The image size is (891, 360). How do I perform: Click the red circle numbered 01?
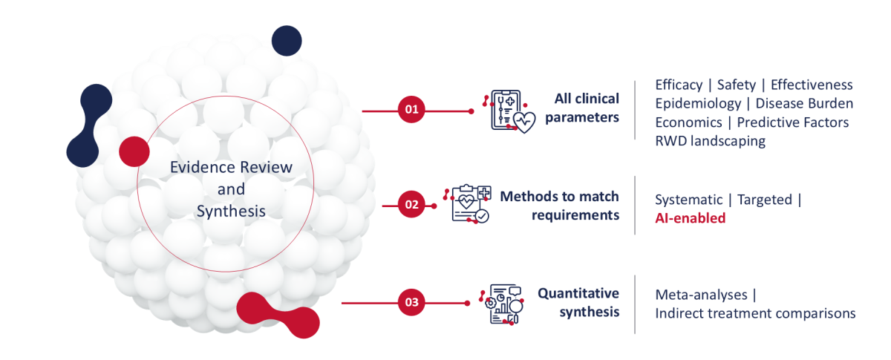pyautogui.click(x=411, y=109)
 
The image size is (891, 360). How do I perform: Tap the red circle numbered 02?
pyautogui.click(x=411, y=204)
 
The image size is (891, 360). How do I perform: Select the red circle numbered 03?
pyautogui.click(x=411, y=302)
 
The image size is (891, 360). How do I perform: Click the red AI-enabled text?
pyautogui.click(x=690, y=218)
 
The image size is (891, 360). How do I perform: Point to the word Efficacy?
pyautogui.click(x=679, y=85)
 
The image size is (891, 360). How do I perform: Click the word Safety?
pyautogui.click(x=737, y=85)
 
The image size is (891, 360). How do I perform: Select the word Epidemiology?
pyautogui.click(x=698, y=104)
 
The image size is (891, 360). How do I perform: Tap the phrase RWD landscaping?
pyautogui.click(x=710, y=141)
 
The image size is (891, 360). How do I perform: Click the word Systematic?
pyautogui.click(x=688, y=200)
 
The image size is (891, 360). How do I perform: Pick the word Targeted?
pyautogui.click(x=765, y=200)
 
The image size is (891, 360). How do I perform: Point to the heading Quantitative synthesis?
pyautogui.click(x=578, y=302)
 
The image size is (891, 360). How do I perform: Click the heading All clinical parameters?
pyautogui.click(x=582, y=108)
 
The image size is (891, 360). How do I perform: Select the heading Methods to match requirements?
pyautogui.click(x=559, y=206)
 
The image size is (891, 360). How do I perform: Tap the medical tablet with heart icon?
pyautogui.click(x=509, y=112)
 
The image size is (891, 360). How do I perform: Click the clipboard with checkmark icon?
pyautogui.click(x=467, y=203)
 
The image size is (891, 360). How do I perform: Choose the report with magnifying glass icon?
pyautogui.click(x=501, y=304)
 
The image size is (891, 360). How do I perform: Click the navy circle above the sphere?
pyautogui.click(x=287, y=41)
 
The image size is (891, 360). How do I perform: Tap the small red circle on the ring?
pyautogui.click(x=134, y=151)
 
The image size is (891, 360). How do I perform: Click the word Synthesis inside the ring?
pyautogui.click(x=231, y=212)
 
